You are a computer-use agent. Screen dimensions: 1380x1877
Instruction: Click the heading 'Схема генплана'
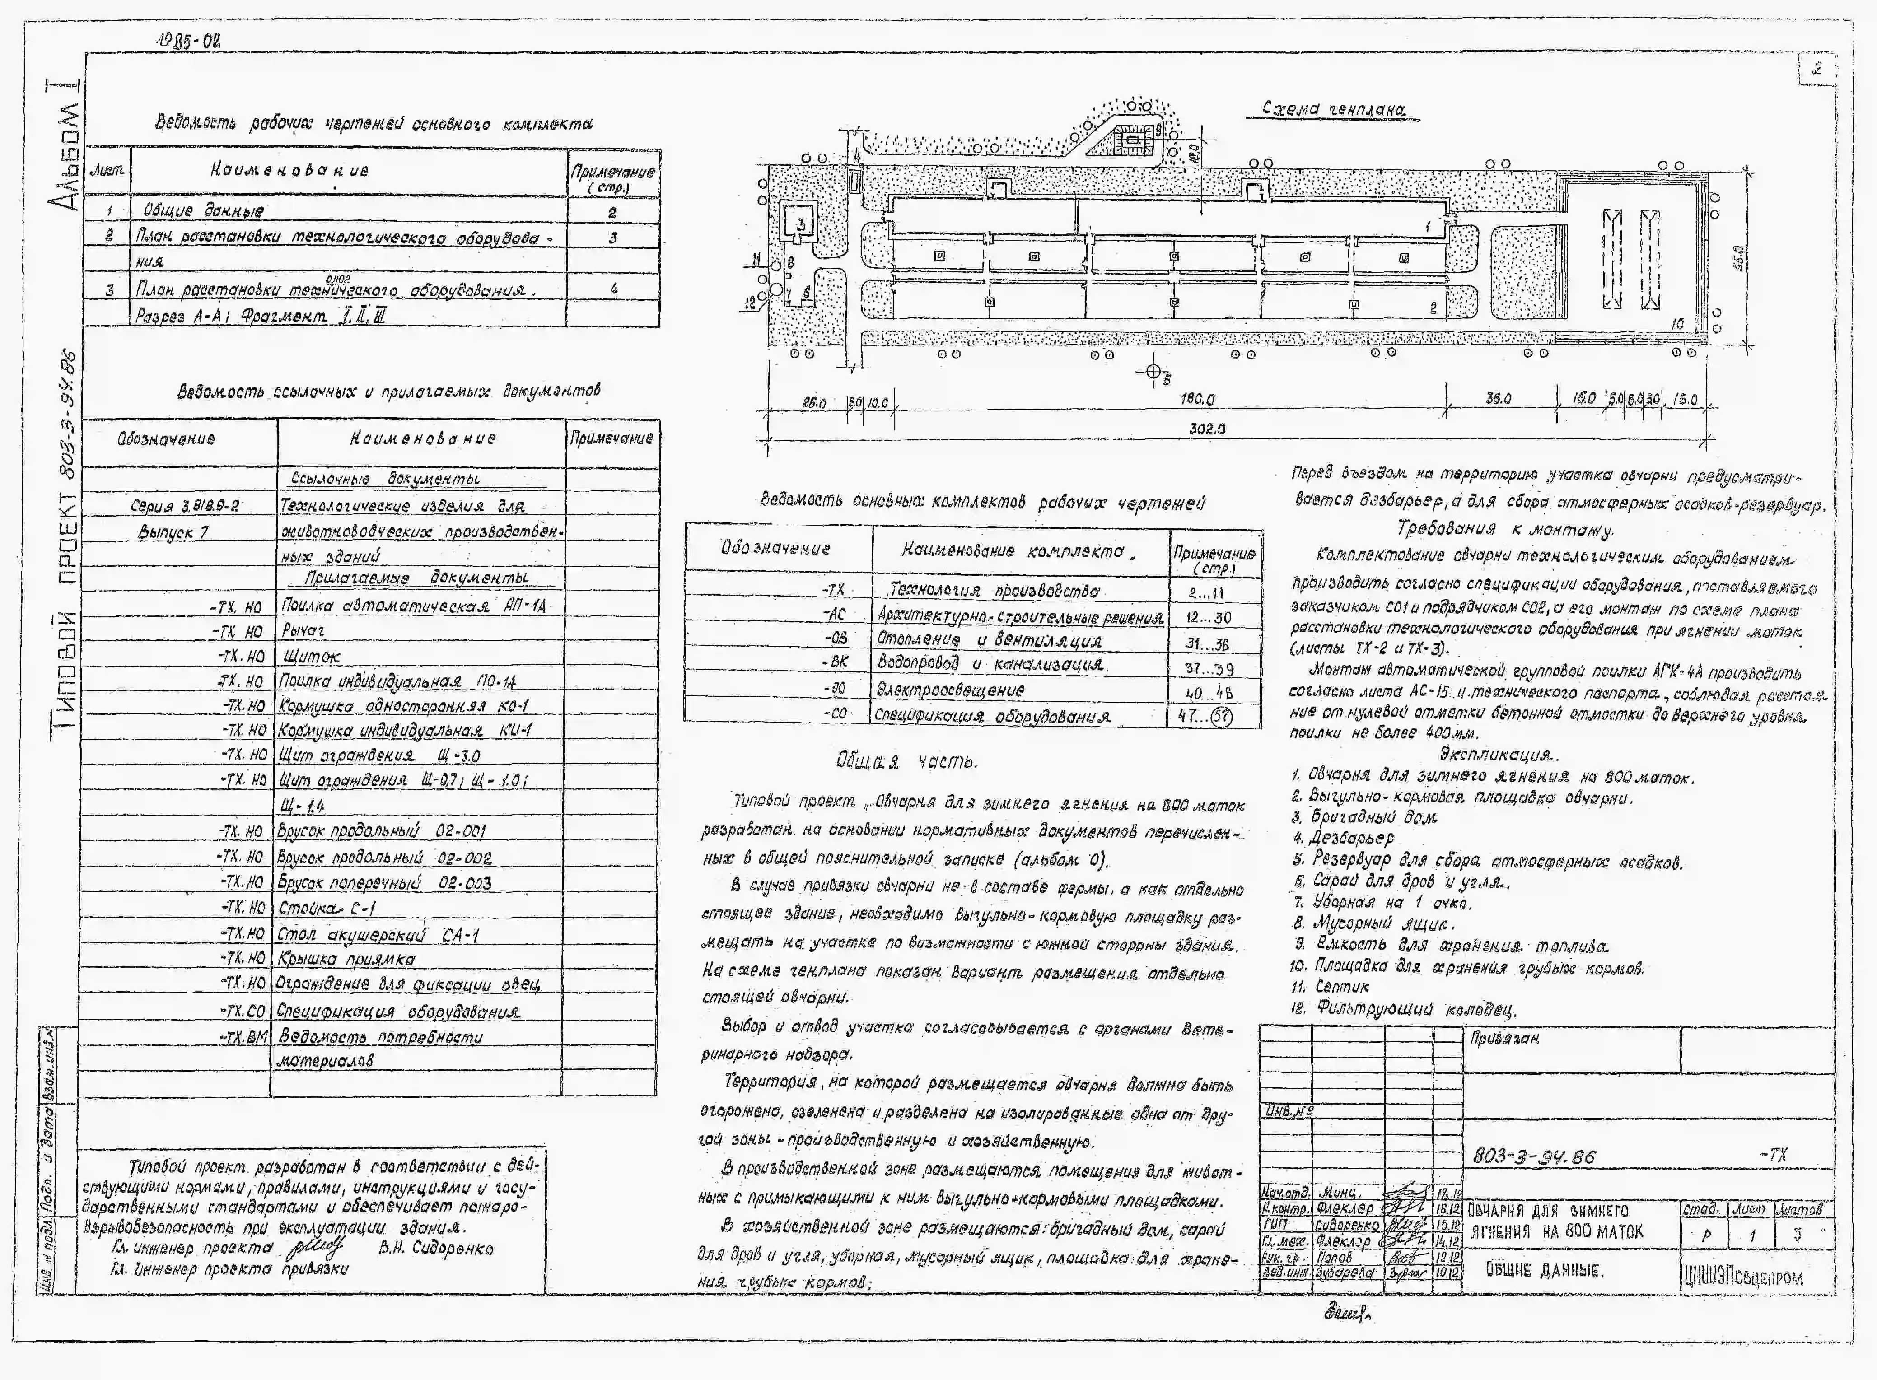point(1333,109)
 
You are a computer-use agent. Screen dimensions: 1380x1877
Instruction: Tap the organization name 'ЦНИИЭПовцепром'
point(1742,1277)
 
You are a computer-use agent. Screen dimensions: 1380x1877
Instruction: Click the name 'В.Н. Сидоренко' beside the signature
point(435,1249)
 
